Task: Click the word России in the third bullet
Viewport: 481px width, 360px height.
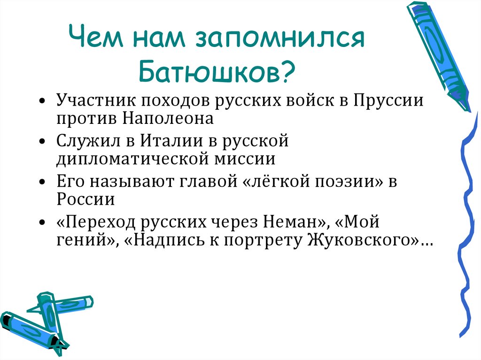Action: click(86, 199)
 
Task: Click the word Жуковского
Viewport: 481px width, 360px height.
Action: click(361, 239)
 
